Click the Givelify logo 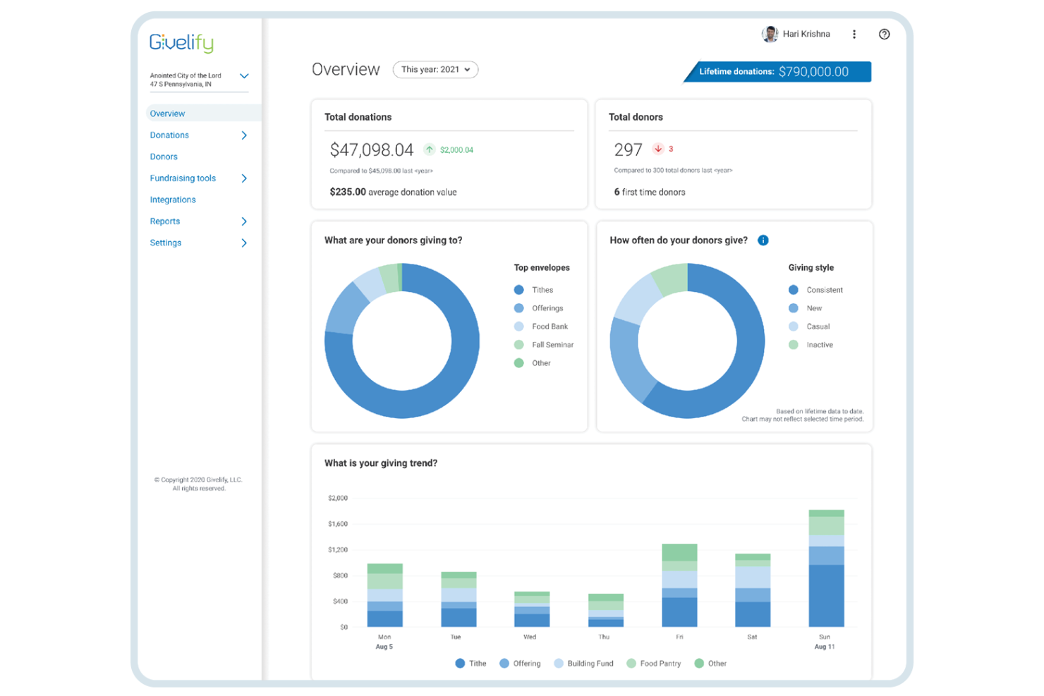click(x=181, y=43)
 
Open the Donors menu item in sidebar click(x=164, y=157)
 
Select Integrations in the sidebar click(x=173, y=200)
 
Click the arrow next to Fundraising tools click(x=244, y=178)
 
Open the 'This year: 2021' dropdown click(x=435, y=70)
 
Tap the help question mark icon click(x=884, y=35)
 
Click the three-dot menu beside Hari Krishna click(x=854, y=35)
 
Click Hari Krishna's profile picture click(x=770, y=34)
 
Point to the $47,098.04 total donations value click(x=371, y=149)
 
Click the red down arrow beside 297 click(x=658, y=149)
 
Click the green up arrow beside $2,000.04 click(x=429, y=149)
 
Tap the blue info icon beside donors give click(x=763, y=240)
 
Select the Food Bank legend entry click(x=549, y=326)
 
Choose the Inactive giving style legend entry click(x=819, y=345)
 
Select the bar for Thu click(x=606, y=611)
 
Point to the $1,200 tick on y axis click(x=338, y=550)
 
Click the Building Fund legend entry click(x=590, y=664)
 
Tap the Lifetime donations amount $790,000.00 click(x=813, y=72)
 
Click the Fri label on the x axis click(x=679, y=637)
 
